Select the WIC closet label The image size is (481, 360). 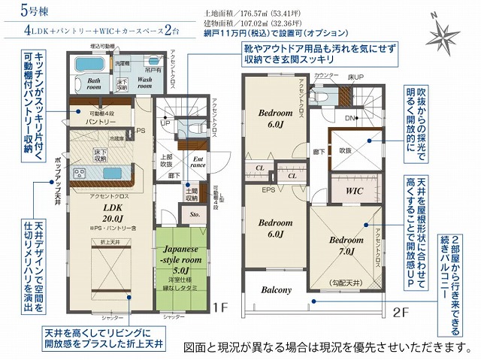[354, 192]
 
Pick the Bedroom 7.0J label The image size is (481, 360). [346, 246]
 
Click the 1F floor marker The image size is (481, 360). [219, 307]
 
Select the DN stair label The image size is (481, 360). [349, 119]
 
